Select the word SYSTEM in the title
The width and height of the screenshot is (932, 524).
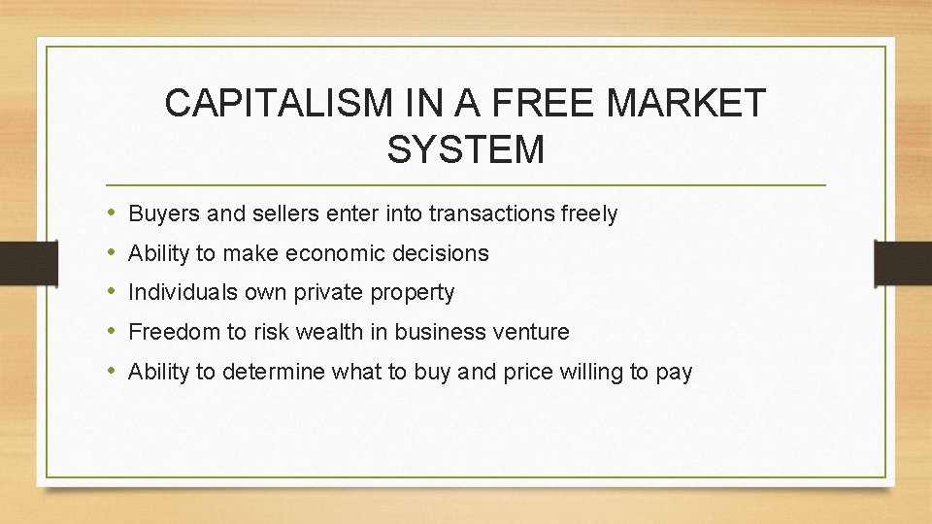coord(466,150)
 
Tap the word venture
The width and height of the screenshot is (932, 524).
coord(533,332)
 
